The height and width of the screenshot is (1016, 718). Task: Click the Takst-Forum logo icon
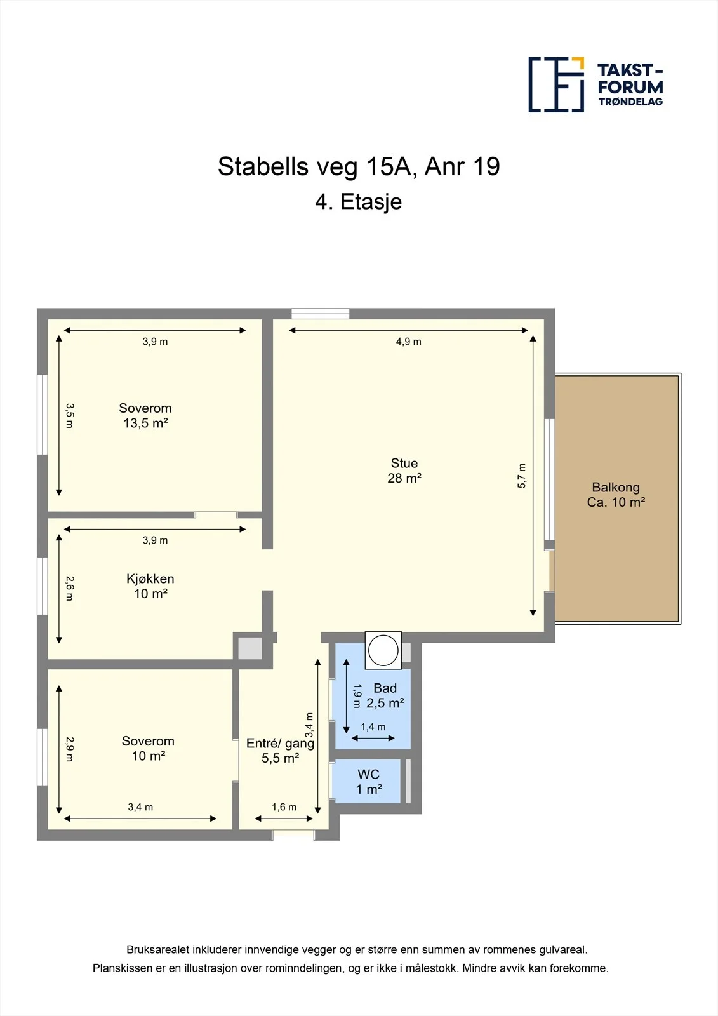pos(556,85)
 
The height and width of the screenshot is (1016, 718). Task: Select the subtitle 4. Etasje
pos(358,202)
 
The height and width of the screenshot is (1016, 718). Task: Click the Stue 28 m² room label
pos(404,471)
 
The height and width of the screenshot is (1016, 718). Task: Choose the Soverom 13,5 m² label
pos(145,415)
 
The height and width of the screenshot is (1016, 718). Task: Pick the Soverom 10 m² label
pos(148,749)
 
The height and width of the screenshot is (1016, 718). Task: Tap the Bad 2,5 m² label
pos(385,695)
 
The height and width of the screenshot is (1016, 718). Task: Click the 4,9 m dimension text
pos(409,342)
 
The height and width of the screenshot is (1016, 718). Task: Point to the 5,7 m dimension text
pos(522,476)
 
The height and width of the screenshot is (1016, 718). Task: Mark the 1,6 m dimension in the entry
pos(284,807)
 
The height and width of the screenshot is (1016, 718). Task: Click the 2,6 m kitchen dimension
pos(69,588)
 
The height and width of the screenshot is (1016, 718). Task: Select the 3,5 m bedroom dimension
pos(69,416)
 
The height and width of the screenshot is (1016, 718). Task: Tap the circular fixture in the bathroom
pos(383,650)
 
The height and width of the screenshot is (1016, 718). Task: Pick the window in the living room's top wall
pos(320,314)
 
